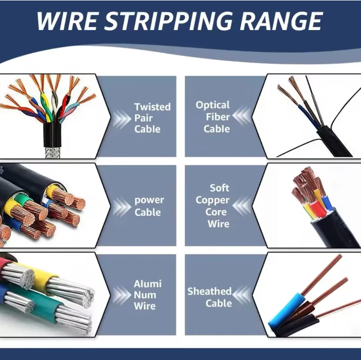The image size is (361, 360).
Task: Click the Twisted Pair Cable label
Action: (152, 118)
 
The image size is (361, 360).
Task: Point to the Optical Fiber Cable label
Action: (213, 117)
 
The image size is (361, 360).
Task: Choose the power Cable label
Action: (149, 206)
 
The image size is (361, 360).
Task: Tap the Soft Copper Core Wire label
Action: (213, 206)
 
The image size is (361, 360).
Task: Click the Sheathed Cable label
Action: (210, 297)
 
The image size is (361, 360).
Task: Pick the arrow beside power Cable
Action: (122, 207)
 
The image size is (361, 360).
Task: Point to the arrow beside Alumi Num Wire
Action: (122, 295)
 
